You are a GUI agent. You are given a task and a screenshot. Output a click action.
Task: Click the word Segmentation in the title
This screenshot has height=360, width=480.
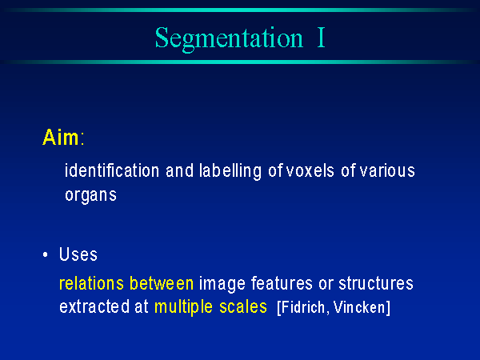click(229, 39)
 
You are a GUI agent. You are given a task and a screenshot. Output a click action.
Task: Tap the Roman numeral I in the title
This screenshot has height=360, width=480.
click(321, 38)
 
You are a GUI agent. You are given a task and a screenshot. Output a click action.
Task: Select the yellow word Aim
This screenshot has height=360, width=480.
click(61, 137)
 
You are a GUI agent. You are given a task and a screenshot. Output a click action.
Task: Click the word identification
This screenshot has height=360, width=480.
click(112, 170)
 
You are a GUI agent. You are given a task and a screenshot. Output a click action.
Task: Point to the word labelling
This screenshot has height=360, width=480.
click(230, 171)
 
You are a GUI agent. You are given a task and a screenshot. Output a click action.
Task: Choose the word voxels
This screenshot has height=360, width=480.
click(310, 171)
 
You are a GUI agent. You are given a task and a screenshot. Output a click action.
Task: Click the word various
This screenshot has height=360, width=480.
click(387, 171)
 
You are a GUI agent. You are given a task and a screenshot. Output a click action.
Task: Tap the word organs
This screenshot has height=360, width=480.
click(91, 196)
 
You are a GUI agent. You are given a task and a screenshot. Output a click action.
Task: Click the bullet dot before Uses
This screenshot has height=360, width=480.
click(46, 254)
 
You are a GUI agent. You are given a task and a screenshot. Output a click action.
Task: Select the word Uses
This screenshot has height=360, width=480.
click(78, 254)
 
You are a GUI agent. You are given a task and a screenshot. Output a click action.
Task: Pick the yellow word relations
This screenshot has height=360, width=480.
click(91, 283)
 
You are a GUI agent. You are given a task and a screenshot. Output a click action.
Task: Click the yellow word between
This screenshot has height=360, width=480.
click(162, 283)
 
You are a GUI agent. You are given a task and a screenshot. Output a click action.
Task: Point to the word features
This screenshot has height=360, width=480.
click(282, 283)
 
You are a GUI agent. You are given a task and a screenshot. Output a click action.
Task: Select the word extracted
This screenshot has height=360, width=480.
click(94, 306)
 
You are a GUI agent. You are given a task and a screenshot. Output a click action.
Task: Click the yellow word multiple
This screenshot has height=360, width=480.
click(183, 307)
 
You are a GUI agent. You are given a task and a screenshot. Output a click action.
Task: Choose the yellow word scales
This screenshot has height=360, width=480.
click(243, 306)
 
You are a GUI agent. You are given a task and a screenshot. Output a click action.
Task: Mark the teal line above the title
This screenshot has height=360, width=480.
click(240, 10)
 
